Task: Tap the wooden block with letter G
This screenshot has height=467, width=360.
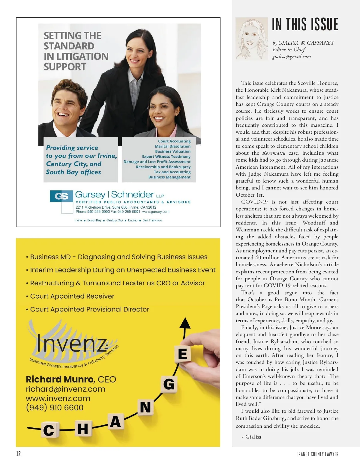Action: pos(169,384)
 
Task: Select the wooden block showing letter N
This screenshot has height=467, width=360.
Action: pos(145,408)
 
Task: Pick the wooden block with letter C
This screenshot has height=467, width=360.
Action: pos(49,430)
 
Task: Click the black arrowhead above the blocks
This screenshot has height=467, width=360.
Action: pos(185,324)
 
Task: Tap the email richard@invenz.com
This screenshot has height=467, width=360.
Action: pos(65,389)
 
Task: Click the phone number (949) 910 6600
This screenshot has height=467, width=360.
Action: pos(55,407)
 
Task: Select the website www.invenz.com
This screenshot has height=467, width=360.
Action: pos(58,398)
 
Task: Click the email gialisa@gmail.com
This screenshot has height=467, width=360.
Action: pos(291,57)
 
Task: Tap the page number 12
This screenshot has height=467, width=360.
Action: pos(19,454)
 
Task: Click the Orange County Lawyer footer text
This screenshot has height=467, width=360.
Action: pos(317,454)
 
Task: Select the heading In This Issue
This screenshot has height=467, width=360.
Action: pos(305,25)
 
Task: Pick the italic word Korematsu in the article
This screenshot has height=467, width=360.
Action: pos(274,153)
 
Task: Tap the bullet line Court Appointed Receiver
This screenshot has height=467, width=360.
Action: pos(72,296)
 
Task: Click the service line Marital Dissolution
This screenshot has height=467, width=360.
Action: pos(172,146)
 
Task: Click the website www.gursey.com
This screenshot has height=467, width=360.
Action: pos(156,212)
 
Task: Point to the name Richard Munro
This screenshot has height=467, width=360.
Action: pos(59,379)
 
